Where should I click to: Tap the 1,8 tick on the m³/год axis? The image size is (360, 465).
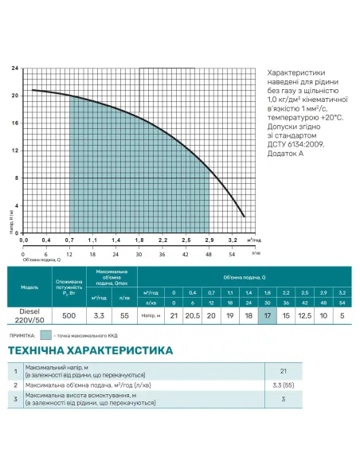[139, 240]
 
